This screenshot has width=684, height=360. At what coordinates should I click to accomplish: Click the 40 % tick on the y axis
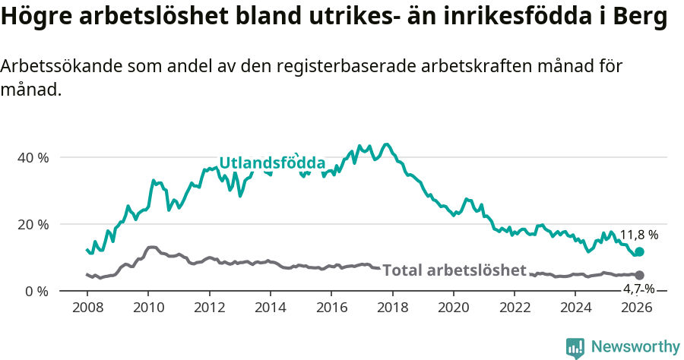33,158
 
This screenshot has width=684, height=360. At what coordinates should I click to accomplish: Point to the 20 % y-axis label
33,225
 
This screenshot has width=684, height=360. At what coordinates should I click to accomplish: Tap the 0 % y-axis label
36,292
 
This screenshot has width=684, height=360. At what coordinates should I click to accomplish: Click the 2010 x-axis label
147,308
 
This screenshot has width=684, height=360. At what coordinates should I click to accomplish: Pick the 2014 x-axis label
270,308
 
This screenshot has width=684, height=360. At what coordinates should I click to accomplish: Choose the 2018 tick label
392,308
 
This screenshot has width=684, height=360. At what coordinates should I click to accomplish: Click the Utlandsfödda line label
272,163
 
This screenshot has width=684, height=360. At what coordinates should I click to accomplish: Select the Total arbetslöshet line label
454,270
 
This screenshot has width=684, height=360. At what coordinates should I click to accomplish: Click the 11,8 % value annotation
638,235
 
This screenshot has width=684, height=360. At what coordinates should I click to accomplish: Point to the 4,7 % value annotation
638,289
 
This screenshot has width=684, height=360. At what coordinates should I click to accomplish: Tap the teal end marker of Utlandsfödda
639,251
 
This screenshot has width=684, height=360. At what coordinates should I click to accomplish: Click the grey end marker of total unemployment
639,275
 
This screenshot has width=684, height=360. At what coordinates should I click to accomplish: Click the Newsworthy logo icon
575,348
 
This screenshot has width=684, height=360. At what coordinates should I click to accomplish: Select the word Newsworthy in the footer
635,347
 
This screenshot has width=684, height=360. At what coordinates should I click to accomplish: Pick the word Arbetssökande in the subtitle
50,66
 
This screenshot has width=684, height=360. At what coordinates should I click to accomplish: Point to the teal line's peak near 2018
386,144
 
